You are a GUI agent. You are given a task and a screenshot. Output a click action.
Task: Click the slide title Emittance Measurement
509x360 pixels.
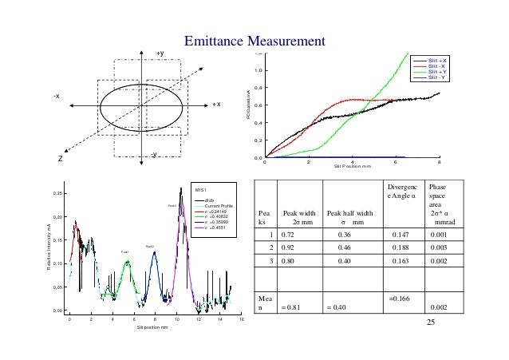coord(254,40)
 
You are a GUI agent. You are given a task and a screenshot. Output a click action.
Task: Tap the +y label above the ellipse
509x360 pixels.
coord(160,53)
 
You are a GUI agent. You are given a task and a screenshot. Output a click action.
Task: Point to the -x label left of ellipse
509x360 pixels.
coord(57,96)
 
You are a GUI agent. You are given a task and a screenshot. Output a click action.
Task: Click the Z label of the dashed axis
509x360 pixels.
coord(60,157)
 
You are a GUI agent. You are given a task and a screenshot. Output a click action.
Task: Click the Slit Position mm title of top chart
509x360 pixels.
coord(352,166)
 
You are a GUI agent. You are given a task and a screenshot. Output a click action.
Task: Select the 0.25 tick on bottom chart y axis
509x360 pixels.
coord(57,194)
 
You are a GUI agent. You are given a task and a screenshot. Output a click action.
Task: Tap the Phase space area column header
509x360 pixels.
coord(440,208)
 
